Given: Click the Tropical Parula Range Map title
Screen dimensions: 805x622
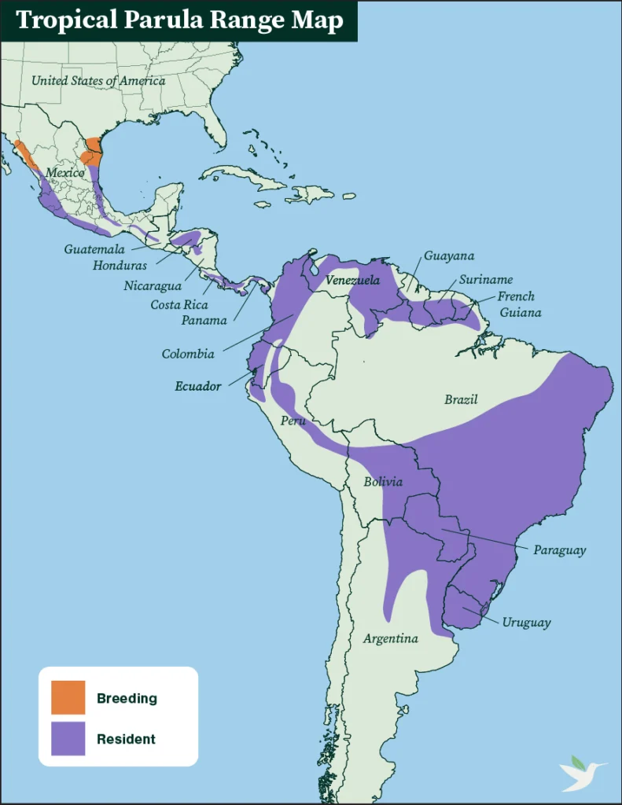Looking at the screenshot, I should pyautogui.click(x=179, y=20).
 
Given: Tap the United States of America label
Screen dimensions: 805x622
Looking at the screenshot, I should pyautogui.click(x=98, y=80).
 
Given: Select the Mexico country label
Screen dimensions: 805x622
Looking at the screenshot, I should pyautogui.click(x=64, y=172).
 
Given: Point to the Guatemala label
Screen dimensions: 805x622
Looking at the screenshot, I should pyautogui.click(x=94, y=249).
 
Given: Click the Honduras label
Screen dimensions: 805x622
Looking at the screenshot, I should pyautogui.click(x=120, y=266).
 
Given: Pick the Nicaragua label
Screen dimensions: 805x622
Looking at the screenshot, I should pyautogui.click(x=153, y=286).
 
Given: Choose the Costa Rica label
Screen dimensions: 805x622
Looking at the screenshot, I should pyautogui.click(x=179, y=304).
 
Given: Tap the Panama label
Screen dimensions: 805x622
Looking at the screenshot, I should pyautogui.click(x=204, y=320).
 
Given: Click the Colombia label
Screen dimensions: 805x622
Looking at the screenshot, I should pyautogui.click(x=188, y=354).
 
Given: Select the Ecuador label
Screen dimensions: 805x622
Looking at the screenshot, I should pyautogui.click(x=197, y=386).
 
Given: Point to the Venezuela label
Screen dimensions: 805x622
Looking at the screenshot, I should pyautogui.click(x=352, y=280).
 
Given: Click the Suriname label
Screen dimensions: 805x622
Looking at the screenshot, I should pyautogui.click(x=486, y=279).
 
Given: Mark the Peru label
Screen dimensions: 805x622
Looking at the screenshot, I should pyautogui.click(x=293, y=421).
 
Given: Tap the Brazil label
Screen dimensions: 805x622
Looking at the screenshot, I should pyautogui.click(x=461, y=399).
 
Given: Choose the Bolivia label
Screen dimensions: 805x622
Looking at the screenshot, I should pyautogui.click(x=383, y=481).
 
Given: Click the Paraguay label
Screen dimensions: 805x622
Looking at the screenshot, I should pyautogui.click(x=559, y=550).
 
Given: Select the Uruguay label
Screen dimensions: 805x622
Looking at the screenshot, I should pyautogui.click(x=526, y=623).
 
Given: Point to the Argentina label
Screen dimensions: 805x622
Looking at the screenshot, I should pyautogui.click(x=390, y=638).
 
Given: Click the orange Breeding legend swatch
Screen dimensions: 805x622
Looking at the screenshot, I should pyautogui.click(x=68, y=698).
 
